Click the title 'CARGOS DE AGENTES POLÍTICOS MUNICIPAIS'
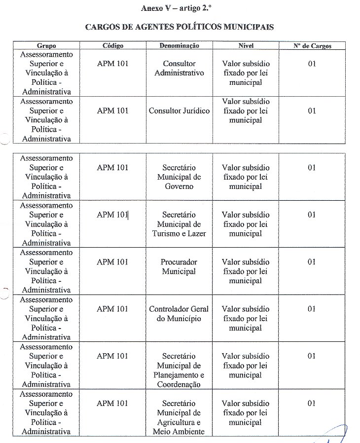[180, 27]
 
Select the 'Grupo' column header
[46, 46]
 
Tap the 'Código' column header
[113, 46]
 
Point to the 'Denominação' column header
[180, 46]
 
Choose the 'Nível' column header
[246, 46]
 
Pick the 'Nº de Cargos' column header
[313, 46]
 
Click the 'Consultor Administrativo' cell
[180, 69]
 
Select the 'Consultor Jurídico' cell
[180, 111]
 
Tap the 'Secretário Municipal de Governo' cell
[180, 177]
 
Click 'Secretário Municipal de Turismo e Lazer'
[180, 224]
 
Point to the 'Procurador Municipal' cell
[180, 267]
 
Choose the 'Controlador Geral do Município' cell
[180, 314]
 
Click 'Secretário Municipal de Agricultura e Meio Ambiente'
[180, 418]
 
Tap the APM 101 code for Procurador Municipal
[112, 262]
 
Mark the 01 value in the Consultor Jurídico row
[312, 111]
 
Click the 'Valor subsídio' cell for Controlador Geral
[246, 318]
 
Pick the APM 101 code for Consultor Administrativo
[112, 64]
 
